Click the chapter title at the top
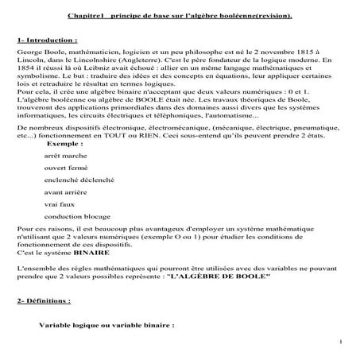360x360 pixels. point(180,15)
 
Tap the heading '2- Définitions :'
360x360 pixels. point(43,301)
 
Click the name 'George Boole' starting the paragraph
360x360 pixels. point(37,50)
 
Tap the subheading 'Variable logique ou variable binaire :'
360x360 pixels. point(106,325)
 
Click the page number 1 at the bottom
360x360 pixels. point(339,343)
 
